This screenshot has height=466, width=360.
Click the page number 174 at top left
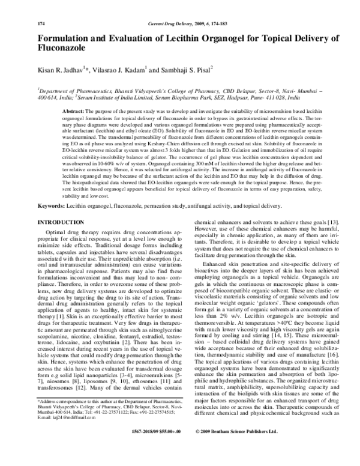pos(41,23)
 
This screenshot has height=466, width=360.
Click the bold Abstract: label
pos(74,112)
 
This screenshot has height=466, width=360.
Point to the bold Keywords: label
pos(55,206)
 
